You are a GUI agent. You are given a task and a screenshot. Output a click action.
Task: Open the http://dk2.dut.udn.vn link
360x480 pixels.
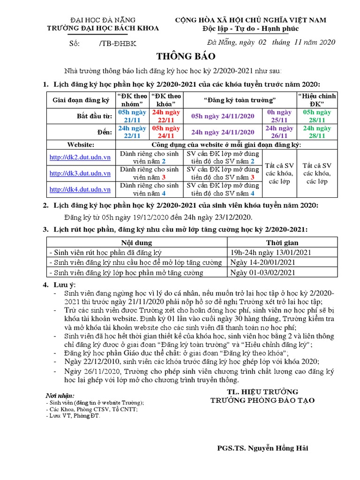click(x=80, y=157)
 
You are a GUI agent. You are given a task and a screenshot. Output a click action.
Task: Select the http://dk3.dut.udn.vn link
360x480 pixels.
click(x=80, y=173)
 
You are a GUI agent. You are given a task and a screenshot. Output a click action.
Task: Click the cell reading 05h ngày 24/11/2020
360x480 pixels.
click(x=222, y=116)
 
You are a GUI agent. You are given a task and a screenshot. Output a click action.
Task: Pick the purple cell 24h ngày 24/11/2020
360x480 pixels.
click(x=222, y=132)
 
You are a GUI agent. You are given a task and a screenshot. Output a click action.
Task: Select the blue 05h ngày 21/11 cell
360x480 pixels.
click(x=133, y=116)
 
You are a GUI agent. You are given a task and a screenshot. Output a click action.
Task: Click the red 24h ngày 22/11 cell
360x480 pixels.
click(x=165, y=116)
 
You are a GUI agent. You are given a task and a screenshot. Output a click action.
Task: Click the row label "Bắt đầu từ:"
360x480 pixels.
click(x=95, y=116)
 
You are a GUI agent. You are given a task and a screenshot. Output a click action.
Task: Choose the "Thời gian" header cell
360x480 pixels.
click(x=282, y=243)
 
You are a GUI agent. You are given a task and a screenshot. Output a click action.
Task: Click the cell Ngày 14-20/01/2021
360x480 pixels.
click(x=263, y=262)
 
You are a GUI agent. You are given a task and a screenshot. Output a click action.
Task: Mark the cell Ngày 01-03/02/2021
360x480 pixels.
click(x=263, y=272)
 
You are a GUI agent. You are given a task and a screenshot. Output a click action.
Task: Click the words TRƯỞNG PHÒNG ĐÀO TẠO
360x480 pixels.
click(x=262, y=400)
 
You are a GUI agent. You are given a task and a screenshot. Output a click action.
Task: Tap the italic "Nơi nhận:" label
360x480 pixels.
click(x=60, y=396)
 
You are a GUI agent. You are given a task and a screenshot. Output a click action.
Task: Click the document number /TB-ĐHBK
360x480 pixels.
click(x=118, y=43)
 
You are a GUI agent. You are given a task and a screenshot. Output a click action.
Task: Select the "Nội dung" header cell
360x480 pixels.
click(x=136, y=243)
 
